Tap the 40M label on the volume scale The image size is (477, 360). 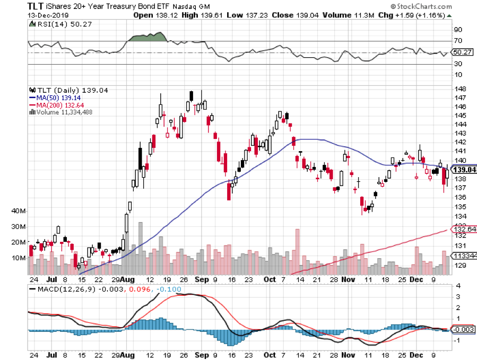(x=18, y=211)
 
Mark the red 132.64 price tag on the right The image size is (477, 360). (x=464, y=229)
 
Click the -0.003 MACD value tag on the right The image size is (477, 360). (x=463, y=330)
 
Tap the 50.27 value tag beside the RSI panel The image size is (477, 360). (x=463, y=52)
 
